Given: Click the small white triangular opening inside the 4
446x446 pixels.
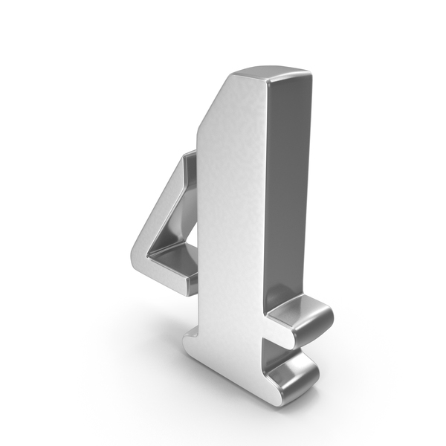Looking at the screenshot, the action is (x=193, y=233).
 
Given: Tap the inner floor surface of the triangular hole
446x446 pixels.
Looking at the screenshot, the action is (x=174, y=259).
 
